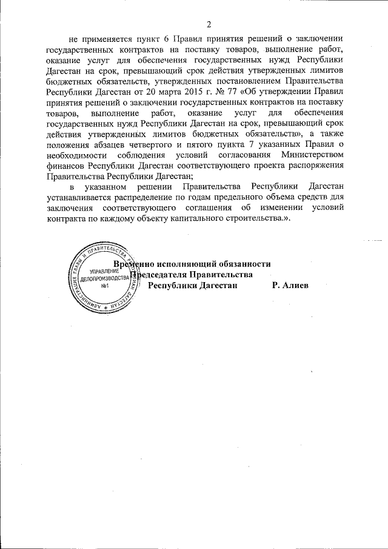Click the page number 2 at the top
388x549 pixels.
(x=207, y=25)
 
